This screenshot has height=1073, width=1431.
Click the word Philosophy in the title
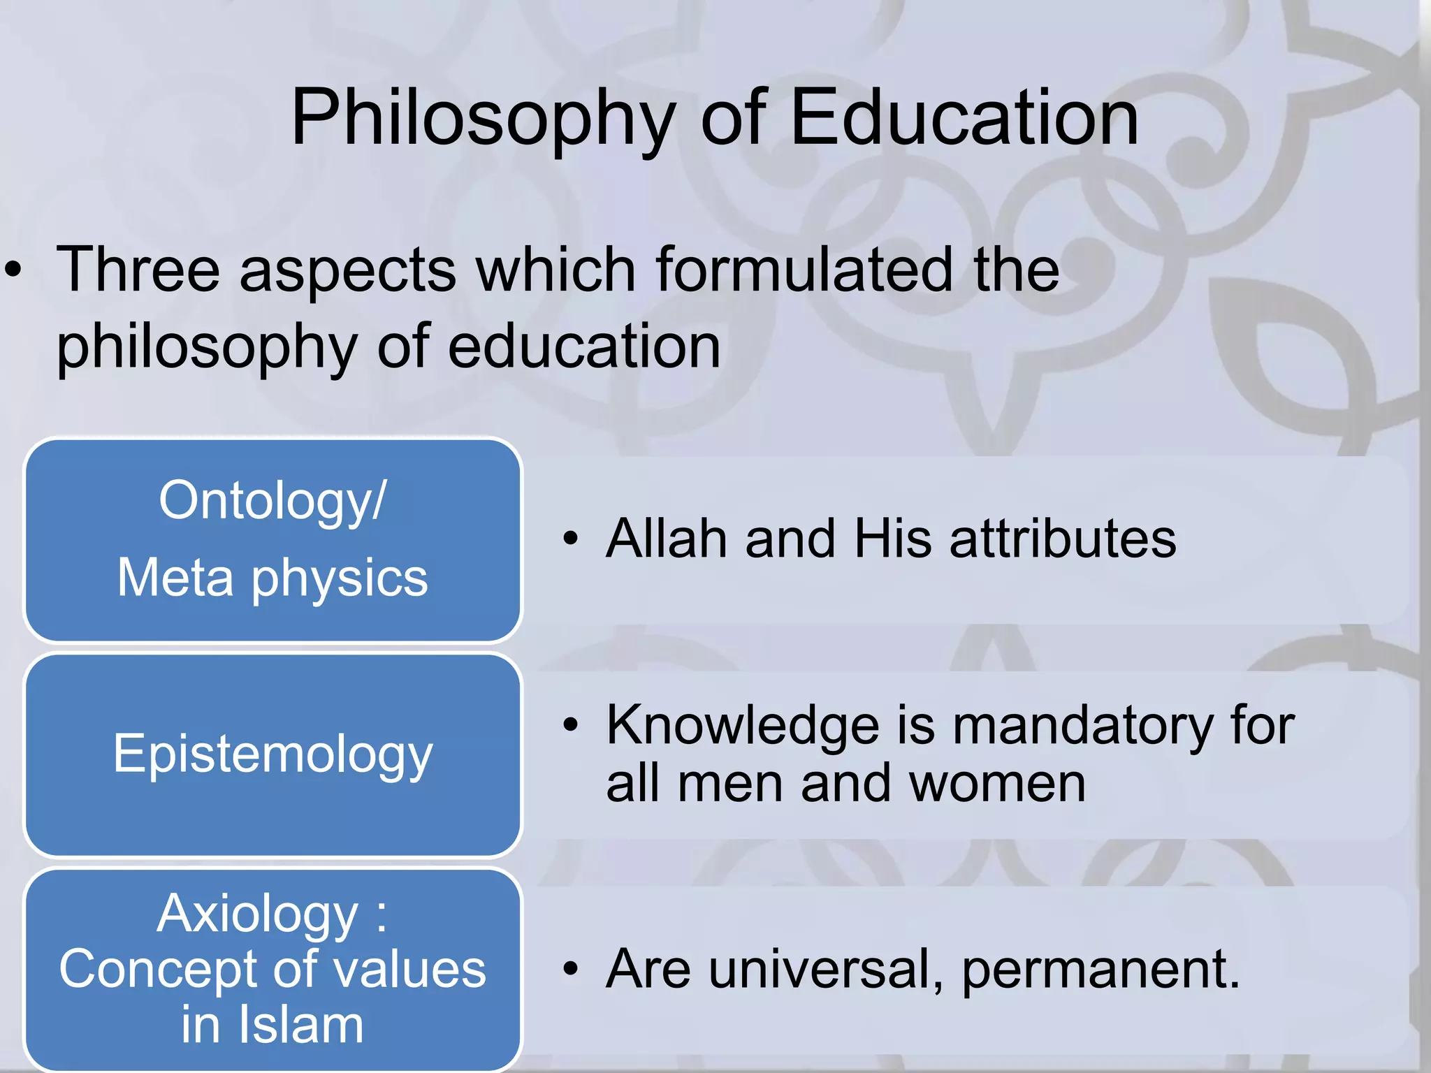click(483, 119)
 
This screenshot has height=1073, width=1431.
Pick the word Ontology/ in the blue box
click(272, 502)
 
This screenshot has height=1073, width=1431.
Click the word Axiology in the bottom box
click(256, 914)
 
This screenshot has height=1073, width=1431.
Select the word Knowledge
click(743, 726)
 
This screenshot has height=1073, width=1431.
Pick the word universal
click(825, 969)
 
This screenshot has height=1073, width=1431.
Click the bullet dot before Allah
click(571, 539)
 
